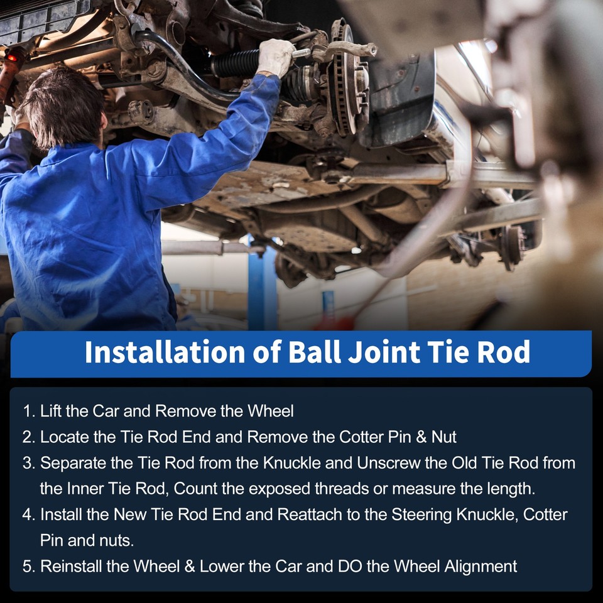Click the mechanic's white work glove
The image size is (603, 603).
tap(275, 57)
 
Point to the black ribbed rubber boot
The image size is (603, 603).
tap(235, 63)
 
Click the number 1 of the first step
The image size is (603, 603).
tap(27, 412)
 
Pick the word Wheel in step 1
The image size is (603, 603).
tap(270, 412)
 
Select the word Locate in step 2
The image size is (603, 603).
tap(61, 437)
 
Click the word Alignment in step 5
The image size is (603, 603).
tap(481, 567)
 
